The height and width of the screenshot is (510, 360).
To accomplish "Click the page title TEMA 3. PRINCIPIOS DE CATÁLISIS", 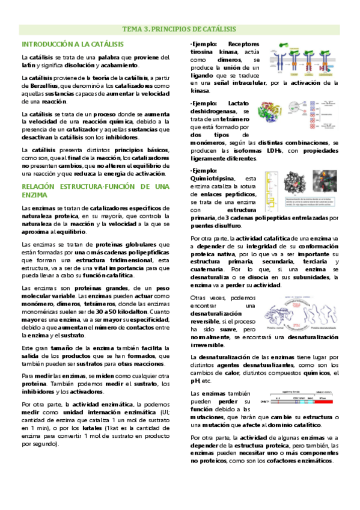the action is [179, 29].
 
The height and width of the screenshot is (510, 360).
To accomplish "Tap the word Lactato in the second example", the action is [244, 103].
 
